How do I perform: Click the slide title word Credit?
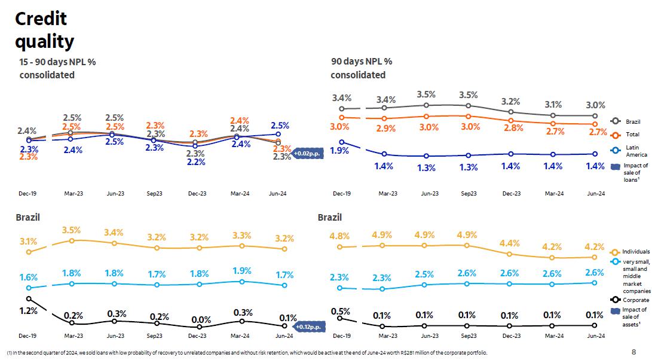(41, 19)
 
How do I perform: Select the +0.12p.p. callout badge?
(309, 327)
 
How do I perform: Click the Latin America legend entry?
(632, 150)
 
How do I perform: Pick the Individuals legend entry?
(635, 252)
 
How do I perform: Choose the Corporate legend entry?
(635, 300)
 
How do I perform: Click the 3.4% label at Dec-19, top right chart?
(342, 98)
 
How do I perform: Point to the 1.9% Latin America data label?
(339, 151)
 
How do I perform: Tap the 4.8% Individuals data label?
(339, 236)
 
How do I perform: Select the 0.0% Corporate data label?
(201, 320)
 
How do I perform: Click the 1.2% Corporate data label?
(29, 310)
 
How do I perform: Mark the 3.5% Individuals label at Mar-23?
(71, 230)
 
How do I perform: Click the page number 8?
(633, 352)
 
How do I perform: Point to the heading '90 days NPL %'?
(362, 61)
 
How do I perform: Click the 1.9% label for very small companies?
(242, 271)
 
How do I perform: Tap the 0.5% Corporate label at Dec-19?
(340, 312)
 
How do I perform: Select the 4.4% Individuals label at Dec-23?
(510, 243)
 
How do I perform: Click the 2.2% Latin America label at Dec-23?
(196, 162)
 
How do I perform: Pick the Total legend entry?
(632, 135)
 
